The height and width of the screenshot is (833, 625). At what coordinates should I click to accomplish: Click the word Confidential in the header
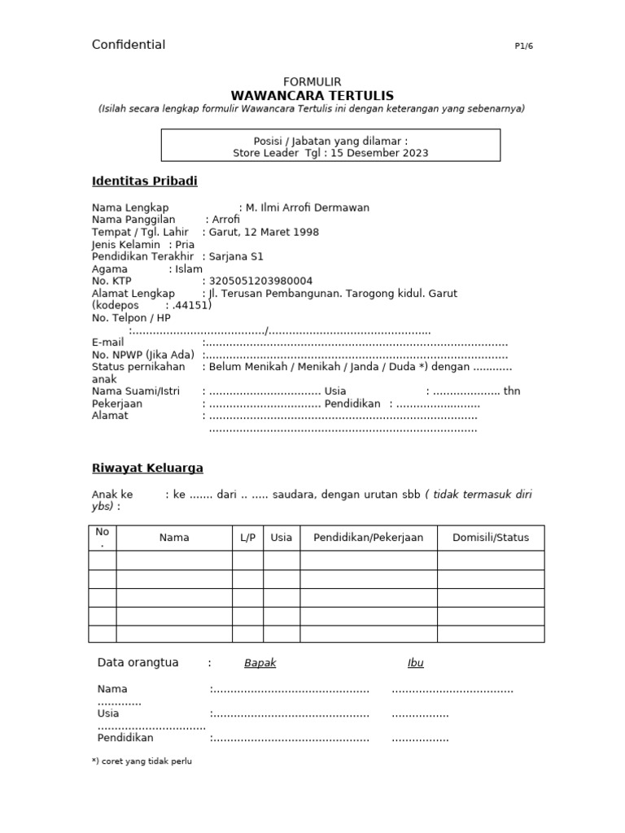tap(129, 45)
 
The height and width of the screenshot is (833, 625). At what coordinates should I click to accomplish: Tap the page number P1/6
tap(523, 46)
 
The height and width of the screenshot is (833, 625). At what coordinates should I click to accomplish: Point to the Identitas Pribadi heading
tap(144, 181)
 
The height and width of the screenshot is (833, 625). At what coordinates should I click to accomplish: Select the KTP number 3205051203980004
tap(260, 281)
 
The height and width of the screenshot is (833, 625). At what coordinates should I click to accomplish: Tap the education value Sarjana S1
tap(236, 256)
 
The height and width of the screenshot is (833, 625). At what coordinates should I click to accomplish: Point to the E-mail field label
tap(107, 342)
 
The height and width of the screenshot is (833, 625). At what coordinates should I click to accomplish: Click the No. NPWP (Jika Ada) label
tap(143, 355)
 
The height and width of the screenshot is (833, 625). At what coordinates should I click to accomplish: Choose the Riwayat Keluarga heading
tap(147, 468)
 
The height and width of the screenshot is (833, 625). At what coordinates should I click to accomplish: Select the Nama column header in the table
tap(174, 538)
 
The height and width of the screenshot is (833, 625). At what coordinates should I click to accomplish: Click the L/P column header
tap(247, 538)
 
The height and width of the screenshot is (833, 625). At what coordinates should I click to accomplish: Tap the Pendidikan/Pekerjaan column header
tap(368, 538)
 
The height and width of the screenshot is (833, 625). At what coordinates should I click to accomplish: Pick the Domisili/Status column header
tap(490, 538)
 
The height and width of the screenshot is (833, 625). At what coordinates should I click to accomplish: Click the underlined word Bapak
tap(260, 663)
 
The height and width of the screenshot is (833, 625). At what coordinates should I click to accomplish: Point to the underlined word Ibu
tap(415, 663)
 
